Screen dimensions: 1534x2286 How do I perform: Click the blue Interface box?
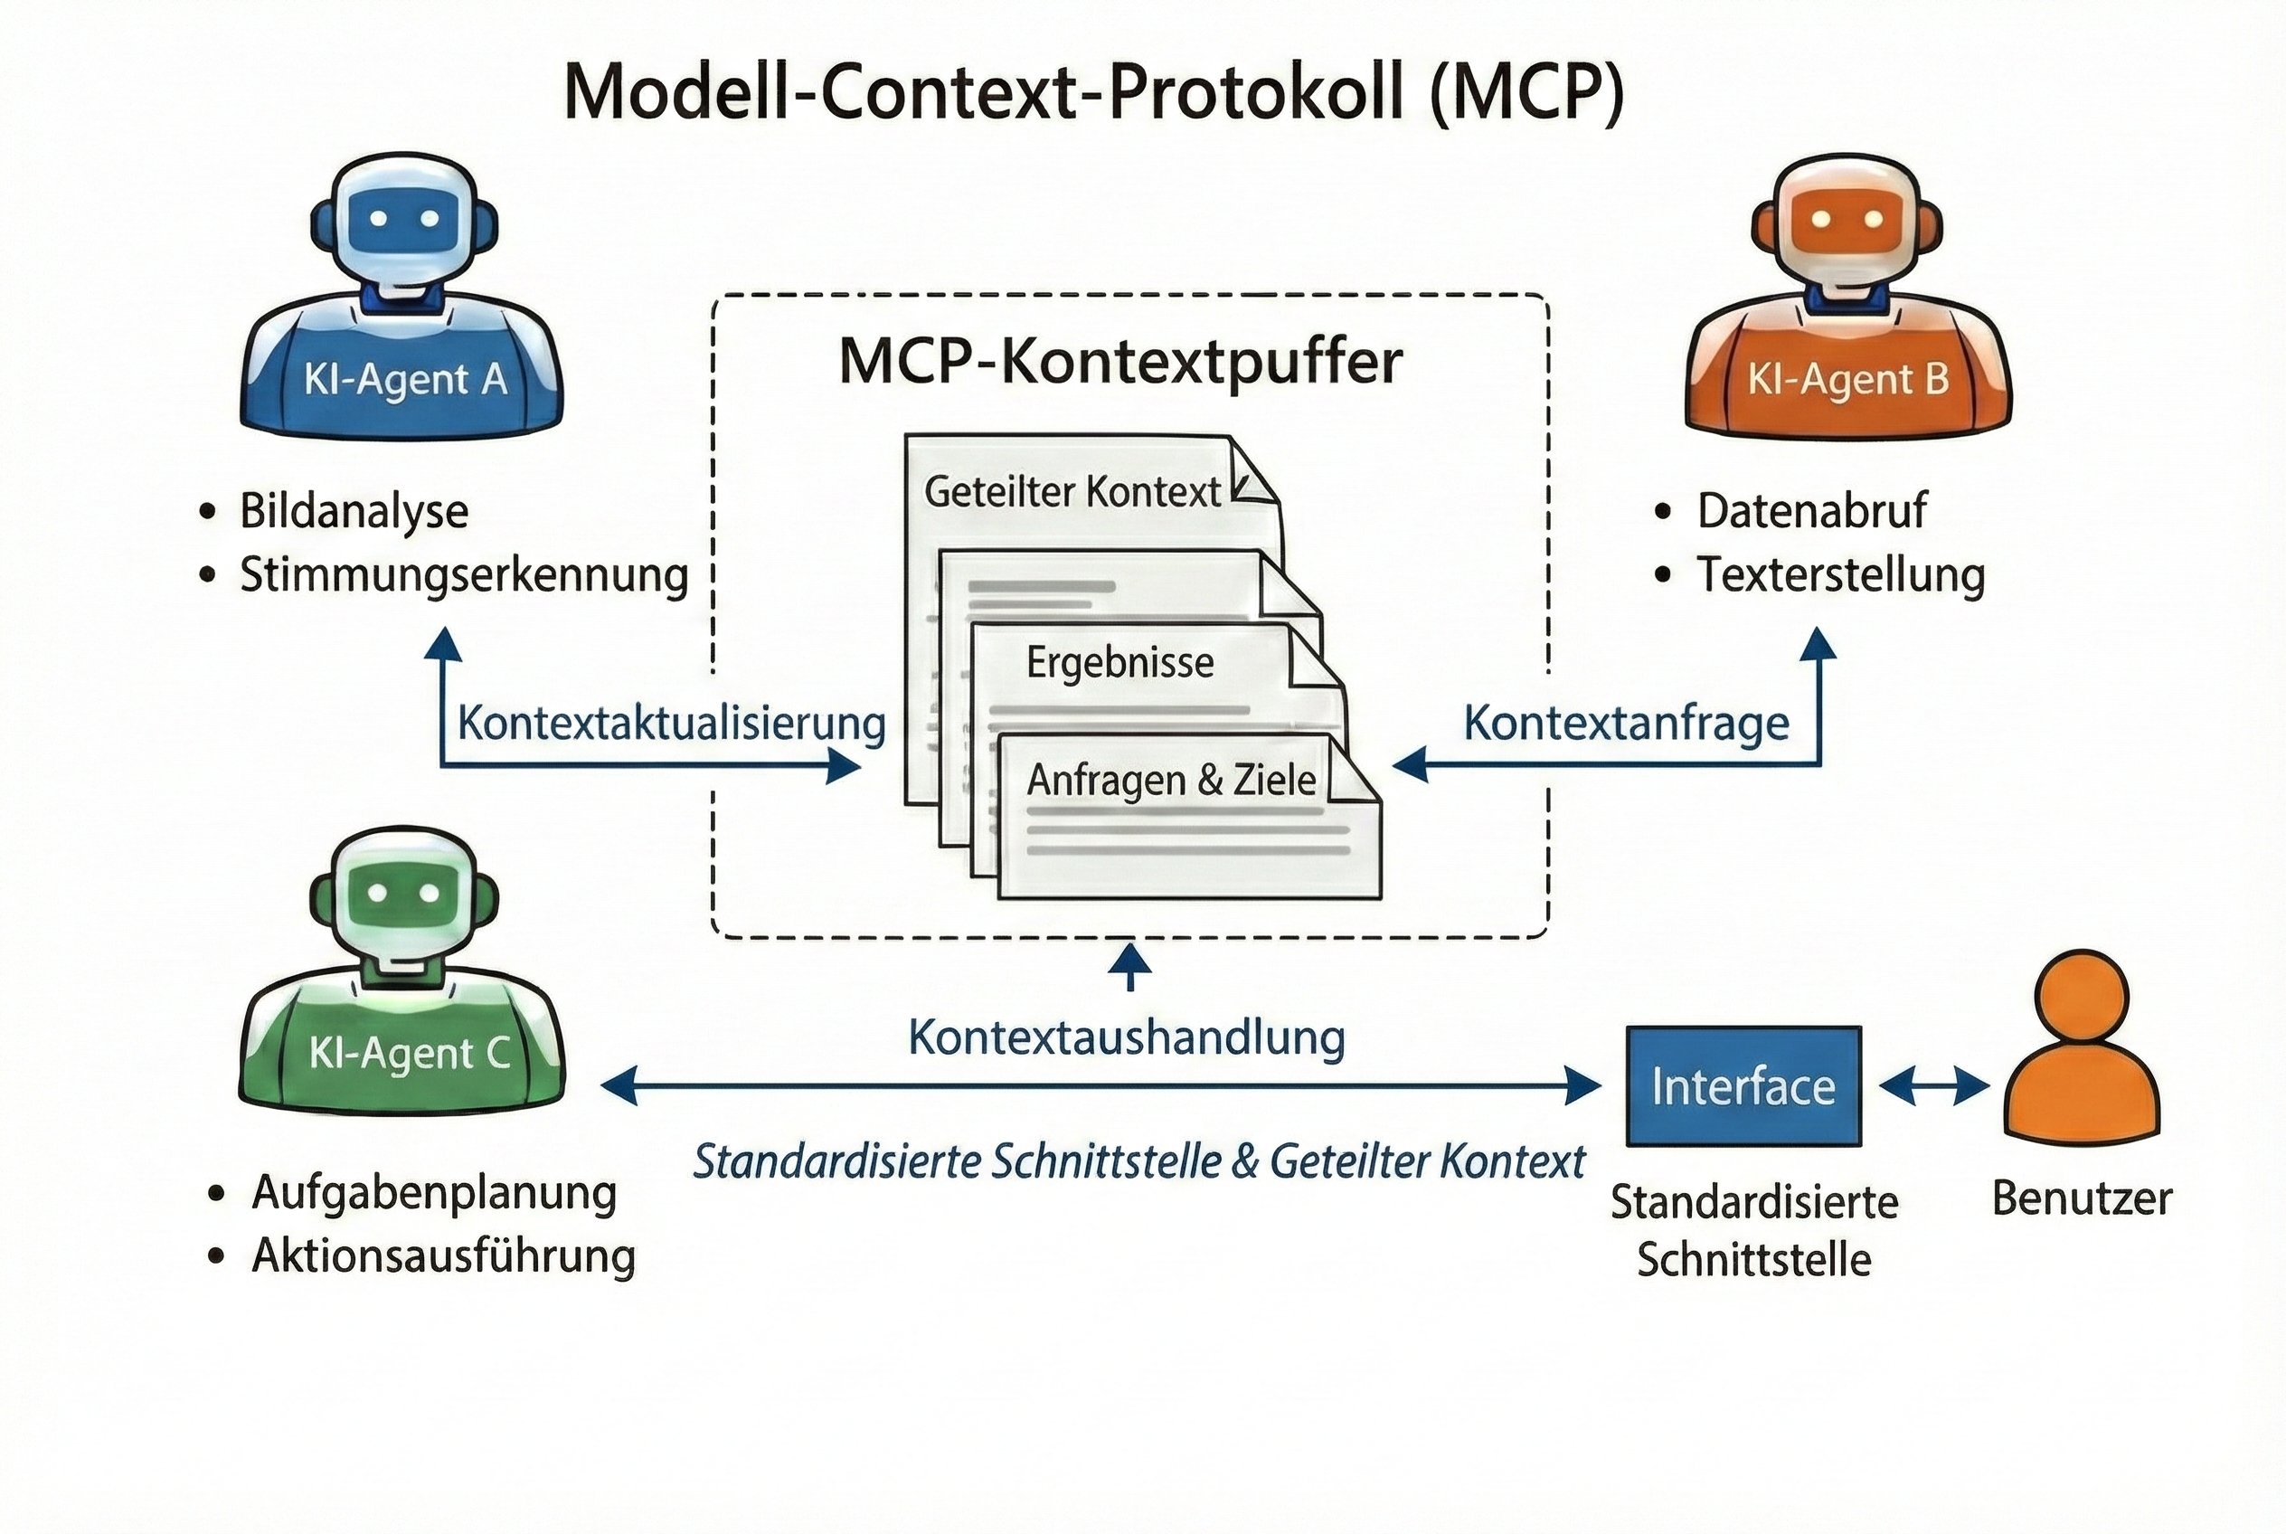click(x=1743, y=1086)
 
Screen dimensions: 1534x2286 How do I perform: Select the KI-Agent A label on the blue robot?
click(x=405, y=381)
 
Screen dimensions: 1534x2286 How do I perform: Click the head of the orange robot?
click(x=1846, y=221)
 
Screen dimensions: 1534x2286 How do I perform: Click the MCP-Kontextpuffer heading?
click(x=1120, y=362)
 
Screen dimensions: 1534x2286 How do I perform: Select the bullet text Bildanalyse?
click(x=354, y=512)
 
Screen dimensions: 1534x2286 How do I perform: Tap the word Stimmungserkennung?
click(x=464, y=575)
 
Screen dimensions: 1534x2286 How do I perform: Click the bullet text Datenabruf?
click(x=1810, y=511)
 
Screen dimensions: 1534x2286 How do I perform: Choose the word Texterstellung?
click(x=1840, y=575)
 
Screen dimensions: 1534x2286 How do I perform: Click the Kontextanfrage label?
click(x=1626, y=724)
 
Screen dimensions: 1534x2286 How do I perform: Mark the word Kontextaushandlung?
click(x=1126, y=1038)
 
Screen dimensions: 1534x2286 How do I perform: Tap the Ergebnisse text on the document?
click(x=1120, y=663)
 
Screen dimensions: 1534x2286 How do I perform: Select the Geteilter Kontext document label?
click(x=1072, y=492)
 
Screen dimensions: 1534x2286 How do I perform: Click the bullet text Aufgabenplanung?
click(x=434, y=1193)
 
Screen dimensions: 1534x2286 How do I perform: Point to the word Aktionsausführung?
click(x=443, y=1256)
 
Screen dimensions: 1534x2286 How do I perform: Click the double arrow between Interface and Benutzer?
click(x=1934, y=1086)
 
